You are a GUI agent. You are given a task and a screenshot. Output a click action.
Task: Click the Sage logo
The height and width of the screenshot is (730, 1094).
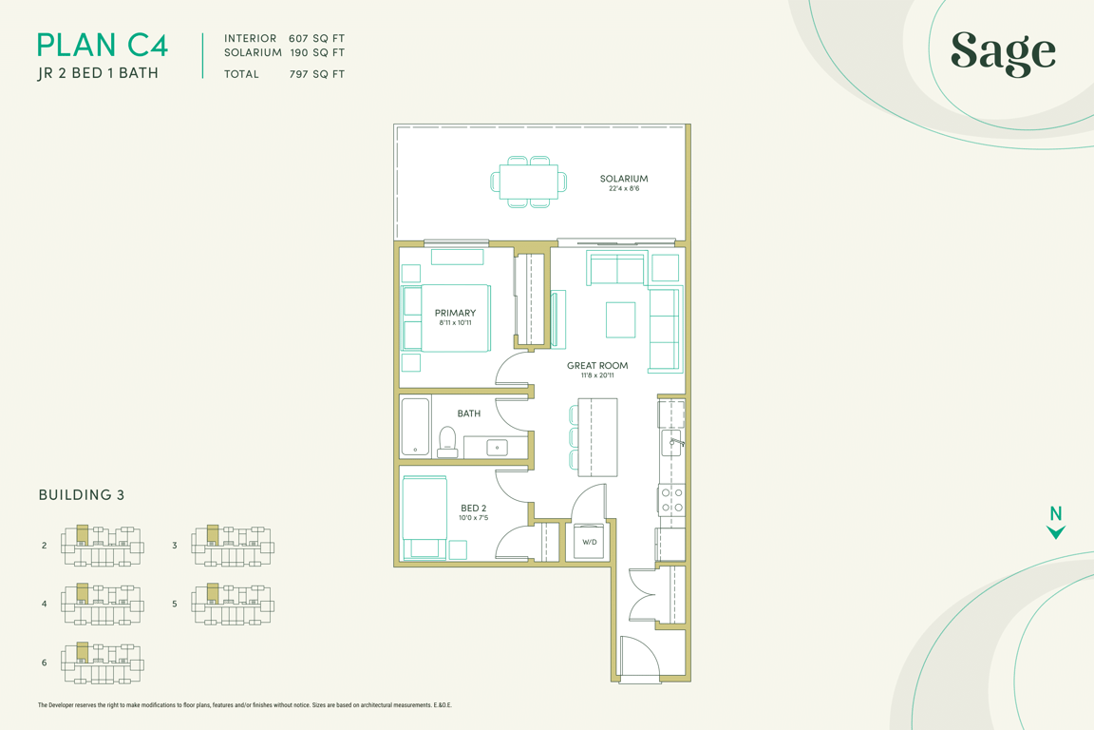click(1003, 52)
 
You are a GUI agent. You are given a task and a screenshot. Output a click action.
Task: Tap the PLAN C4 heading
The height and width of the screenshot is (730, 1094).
click(103, 46)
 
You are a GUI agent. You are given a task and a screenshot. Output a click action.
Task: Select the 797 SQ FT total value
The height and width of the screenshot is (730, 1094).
click(317, 74)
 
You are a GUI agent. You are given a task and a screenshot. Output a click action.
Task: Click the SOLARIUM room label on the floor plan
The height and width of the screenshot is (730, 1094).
click(624, 178)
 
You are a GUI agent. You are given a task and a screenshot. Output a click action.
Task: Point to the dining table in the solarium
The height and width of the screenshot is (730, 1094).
click(529, 182)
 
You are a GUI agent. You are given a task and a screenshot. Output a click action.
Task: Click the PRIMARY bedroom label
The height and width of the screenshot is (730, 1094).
click(455, 313)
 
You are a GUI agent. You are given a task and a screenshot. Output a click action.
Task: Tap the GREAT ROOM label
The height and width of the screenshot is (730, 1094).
click(597, 365)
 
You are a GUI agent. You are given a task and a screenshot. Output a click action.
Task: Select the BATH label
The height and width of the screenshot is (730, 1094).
click(469, 413)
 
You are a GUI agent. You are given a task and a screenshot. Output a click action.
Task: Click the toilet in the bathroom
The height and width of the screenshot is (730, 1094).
click(447, 442)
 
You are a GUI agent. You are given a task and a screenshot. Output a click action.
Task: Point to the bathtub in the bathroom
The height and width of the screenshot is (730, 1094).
click(415, 427)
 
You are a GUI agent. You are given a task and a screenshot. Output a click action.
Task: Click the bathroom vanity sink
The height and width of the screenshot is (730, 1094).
click(498, 447)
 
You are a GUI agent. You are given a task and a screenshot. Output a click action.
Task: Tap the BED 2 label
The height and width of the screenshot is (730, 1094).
click(473, 508)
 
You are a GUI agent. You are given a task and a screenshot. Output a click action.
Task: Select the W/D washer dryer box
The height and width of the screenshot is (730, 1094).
click(590, 541)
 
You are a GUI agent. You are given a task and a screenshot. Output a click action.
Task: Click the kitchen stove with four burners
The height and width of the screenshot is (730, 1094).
click(672, 500)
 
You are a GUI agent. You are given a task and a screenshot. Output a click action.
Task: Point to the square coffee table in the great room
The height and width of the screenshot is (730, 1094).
click(620, 320)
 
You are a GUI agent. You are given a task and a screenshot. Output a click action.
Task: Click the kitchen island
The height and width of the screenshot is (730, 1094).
click(598, 437)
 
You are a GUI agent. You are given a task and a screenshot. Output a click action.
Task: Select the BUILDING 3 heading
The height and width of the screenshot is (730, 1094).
click(82, 495)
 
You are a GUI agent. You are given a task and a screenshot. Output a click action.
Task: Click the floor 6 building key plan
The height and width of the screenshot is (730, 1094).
click(103, 663)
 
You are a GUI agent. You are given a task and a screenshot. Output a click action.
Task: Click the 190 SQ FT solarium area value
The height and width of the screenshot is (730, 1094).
click(317, 52)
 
